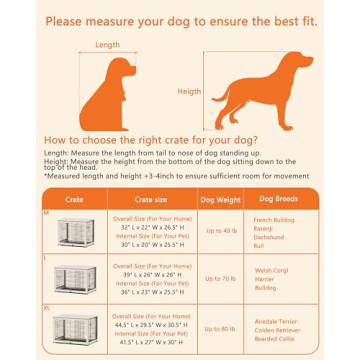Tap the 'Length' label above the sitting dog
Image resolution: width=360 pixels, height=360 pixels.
click(107, 45)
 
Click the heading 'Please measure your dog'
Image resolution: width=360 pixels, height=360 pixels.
click(179, 20)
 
